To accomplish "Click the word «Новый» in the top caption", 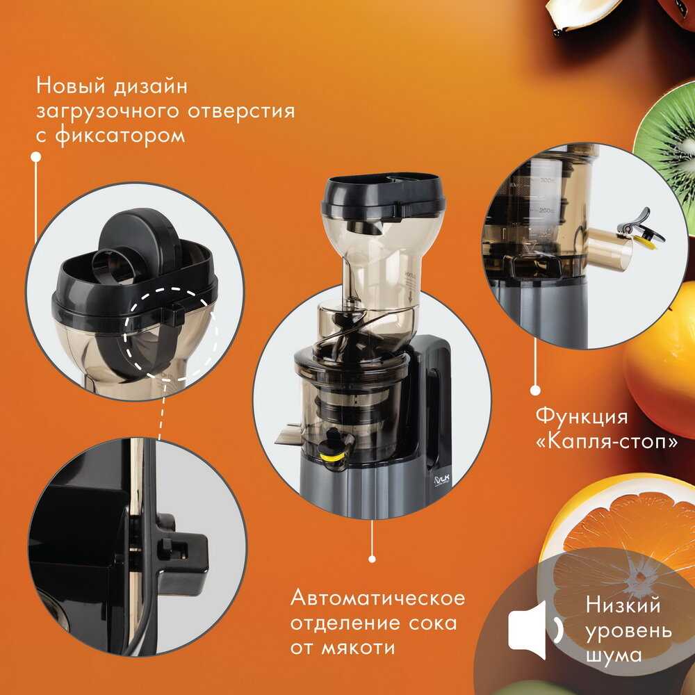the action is pyautogui.click(x=71, y=85).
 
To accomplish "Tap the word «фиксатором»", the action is pyautogui.click(x=120, y=135).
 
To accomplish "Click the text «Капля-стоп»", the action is pyautogui.click(x=607, y=441).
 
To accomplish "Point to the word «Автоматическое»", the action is pyautogui.click(x=377, y=598).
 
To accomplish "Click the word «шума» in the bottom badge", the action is pyautogui.click(x=614, y=655).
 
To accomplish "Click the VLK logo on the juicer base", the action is pyautogui.click(x=441, y=480).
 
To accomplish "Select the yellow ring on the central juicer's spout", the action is pyautogui.click(x=332, y=457).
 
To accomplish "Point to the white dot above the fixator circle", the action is pyautogui.click(x=36, y=156).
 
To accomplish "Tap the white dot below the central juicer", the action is pyautogui.click(x=372, y=559).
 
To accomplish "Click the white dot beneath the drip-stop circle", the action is pyautogui.click(x=535, y=391).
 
